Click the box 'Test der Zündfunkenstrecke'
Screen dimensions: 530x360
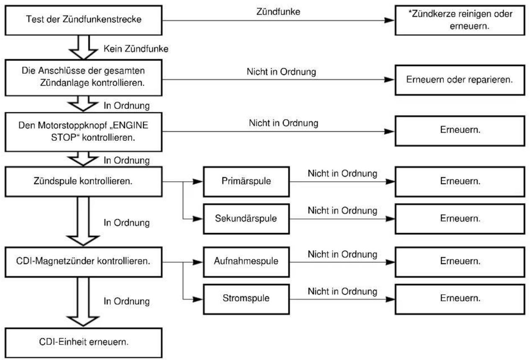(83, 21)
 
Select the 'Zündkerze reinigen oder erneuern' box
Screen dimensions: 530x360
(460, 21)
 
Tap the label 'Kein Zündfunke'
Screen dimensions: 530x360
(136, 49)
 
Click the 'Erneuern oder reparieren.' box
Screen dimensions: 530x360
(460, 80)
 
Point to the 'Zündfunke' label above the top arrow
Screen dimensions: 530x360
(278, 12)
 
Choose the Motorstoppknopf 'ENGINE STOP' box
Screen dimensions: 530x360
(83, 132)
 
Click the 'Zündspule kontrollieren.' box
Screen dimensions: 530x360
(83, 181)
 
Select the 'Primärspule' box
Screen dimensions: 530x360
(246, 181)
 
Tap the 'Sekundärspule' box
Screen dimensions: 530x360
(246, 219)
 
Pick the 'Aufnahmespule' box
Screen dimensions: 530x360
(246, 262)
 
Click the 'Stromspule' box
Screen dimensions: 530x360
(246, 299)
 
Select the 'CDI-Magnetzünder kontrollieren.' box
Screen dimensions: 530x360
(83, 262)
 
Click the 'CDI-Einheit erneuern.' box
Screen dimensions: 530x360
(83, 343)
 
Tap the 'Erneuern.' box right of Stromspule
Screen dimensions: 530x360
(460, 299)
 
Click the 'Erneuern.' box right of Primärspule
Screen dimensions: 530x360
(460, 181)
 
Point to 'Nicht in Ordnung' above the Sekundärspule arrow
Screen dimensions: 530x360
(342, 210)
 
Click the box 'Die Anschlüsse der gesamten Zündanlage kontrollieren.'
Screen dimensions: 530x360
(83, 78)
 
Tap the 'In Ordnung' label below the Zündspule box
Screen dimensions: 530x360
(127, 223)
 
